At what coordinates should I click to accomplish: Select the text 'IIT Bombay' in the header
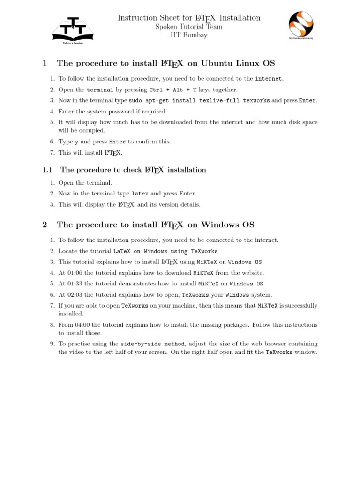click(188, 35)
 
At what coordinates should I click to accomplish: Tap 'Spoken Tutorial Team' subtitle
click(188, 27)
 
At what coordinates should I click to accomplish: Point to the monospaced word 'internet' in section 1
click(269, 79)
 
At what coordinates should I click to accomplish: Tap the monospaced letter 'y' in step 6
click(76, 142)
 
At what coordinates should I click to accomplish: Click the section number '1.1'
click(47, 170)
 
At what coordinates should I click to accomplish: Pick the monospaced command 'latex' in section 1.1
click(140, 194)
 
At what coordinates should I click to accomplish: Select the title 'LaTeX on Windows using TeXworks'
click(165, 251)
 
